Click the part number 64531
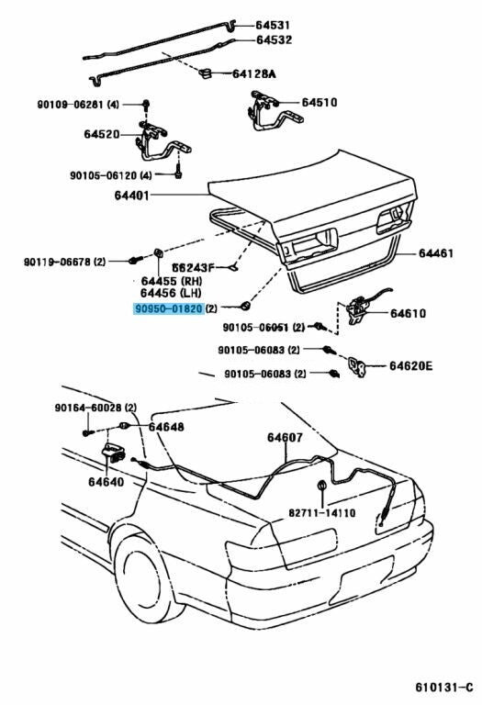pyautogui.click(x=273, y=25)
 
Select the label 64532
pyautogui.click(x=274, y=40)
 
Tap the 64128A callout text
pyautogui.click(x=253, y=73)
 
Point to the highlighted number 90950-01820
pyautogui.click(x=168, y=308)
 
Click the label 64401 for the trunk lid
pyautogui.click(x=131, y=196)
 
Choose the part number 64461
pyautogui.click(x=436, y=253)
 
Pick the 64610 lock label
pyautogui.click(x=408, y=313)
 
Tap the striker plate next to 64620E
pyautogui.click(x=358, y=366)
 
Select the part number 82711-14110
pyautogui.click(x=321, y=512)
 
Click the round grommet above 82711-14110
pyautogui.click(x=322, y=486)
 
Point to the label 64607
pyautogui.click(x=285, y=438)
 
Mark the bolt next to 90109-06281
pyautogui.click(x=146, y=105)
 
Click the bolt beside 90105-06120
pyautogui.click(x=178, y=172)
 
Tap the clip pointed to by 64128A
pyautogui.click(x=206, y=73)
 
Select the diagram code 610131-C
pyautogui.click(x=443, y=688)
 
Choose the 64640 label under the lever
pyautogui.click(x=106, y=482)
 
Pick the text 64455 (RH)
pyautogui.click(x=172, y=281)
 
